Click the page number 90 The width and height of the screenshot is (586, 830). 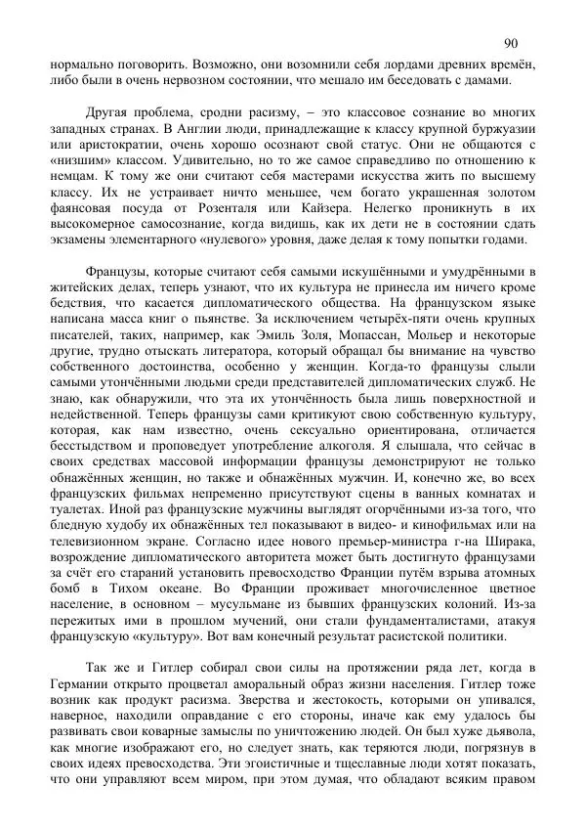512,43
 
